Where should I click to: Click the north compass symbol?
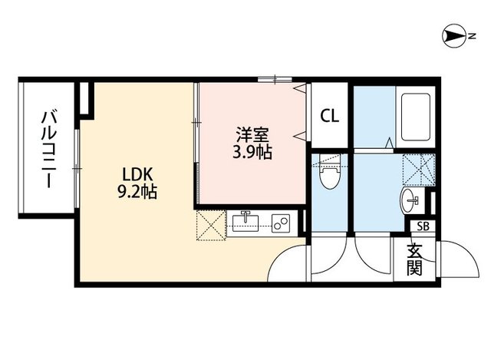454,36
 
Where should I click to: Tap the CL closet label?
329,116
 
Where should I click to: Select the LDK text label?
137,175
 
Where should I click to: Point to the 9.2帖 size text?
137,192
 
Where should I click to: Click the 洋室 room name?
252,135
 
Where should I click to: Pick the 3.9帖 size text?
252,152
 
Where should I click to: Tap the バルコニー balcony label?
49,150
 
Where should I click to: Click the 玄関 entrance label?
414,259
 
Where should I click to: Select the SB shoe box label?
423,226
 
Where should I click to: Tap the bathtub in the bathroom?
416,117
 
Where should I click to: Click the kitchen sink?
245,221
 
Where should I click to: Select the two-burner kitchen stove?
280,223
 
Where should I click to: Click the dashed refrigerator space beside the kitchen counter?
211,226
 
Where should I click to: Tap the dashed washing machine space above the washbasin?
419,170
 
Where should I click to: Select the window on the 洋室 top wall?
275,79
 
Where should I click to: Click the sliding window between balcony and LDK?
77,169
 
